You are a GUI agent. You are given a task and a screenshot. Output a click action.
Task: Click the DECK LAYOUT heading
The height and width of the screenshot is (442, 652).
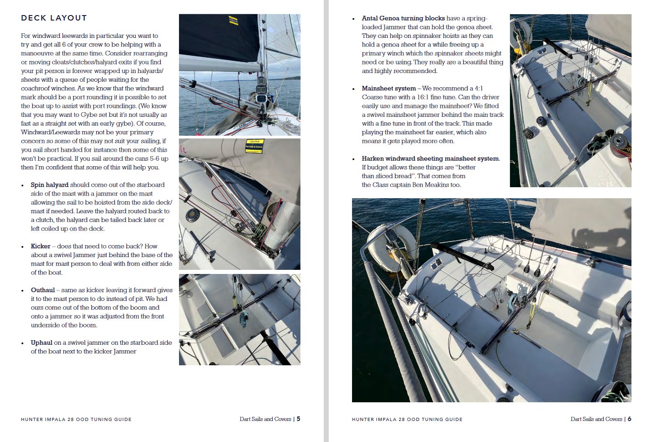tap(54, 18)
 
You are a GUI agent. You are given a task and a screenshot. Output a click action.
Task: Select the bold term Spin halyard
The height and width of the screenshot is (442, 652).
tap(49, 185)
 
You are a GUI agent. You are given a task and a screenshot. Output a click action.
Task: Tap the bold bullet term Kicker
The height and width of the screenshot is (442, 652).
tap(41, 246)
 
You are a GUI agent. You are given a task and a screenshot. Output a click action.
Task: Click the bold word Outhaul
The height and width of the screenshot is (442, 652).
tap(43, 290)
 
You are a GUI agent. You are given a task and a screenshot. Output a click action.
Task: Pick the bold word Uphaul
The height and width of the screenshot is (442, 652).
tap(42, 342)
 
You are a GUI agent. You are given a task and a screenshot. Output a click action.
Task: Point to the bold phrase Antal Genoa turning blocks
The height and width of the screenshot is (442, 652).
tap(403, 18)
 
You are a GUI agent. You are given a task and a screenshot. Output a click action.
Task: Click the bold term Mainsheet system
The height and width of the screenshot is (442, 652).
tap(389, 89)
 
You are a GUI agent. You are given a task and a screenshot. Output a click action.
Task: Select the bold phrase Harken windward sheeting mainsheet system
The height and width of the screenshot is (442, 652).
tap(430, 159)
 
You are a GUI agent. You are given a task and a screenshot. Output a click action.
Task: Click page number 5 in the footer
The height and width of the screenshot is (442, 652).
tap(298, 419)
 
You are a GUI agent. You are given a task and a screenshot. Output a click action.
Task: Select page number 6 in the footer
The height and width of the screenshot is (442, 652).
tap(629, 419)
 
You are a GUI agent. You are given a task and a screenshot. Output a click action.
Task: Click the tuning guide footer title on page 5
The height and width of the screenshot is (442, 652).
tap(76, 419)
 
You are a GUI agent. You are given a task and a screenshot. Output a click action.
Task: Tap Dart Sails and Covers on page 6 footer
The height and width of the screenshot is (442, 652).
tap(596, 419)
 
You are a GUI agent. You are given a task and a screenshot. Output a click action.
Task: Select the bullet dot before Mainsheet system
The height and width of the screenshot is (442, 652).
tap(353, 89)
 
